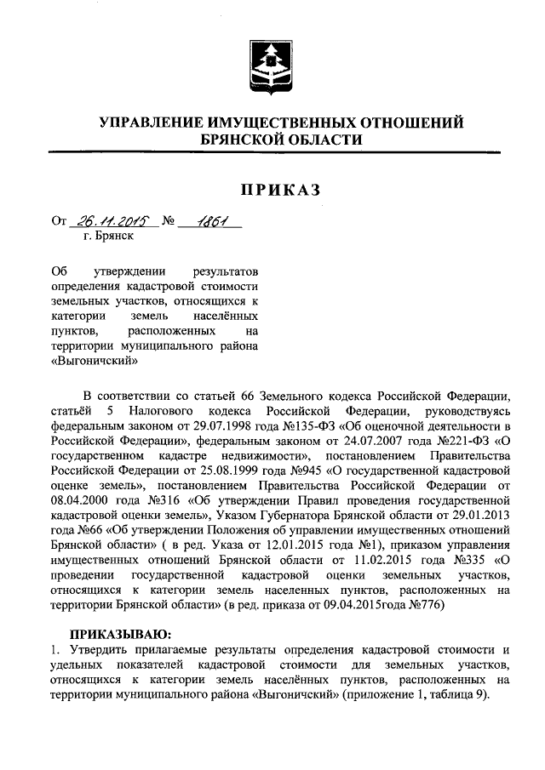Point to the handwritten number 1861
(x=207, y=223)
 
